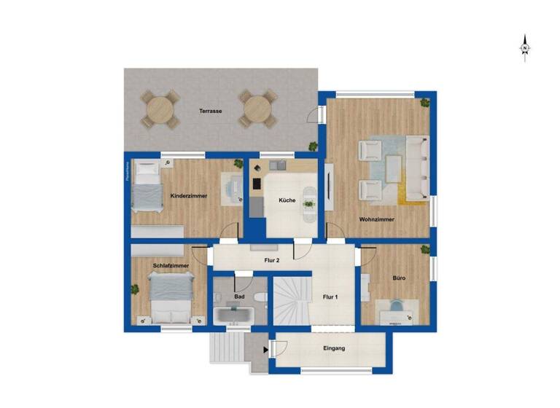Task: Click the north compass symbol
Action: click(525, 48)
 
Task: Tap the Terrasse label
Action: click(211, 111)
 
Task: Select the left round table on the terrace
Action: click(160, 110)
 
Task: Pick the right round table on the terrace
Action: click(257, 110)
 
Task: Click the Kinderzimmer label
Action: click(189, 196)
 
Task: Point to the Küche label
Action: click(287, 200)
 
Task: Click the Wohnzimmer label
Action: click(377, 219)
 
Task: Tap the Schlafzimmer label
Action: click(171, 266)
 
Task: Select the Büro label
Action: click(399, 278)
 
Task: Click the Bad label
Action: click(239, 297)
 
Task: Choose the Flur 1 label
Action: click(330, 297)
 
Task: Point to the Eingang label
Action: click(334, 349)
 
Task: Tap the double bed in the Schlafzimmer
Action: click(171, 299)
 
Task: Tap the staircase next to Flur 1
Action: click(290, 299)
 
